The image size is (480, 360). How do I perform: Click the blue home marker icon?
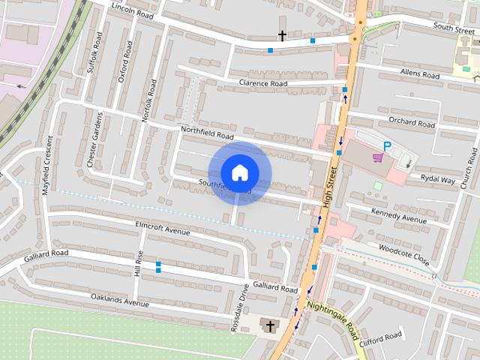click(239, 172)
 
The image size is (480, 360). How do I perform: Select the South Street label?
click(454, 27)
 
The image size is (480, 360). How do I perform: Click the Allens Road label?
click(419, 74)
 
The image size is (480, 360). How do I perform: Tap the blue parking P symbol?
click(388, 146)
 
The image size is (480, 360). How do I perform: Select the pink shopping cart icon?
click(377, 157)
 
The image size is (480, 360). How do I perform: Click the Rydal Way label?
click(438, 179)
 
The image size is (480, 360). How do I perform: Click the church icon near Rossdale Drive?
click(268, 325)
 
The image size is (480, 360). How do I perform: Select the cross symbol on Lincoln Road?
click(283, 35)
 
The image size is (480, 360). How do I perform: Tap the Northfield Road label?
click(207, 132)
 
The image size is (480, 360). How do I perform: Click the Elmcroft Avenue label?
click(162, 227)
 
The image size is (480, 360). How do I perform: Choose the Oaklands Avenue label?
click(119, 301)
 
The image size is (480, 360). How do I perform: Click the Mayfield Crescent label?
click(46, 166)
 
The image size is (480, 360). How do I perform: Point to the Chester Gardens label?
click(95, 139)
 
